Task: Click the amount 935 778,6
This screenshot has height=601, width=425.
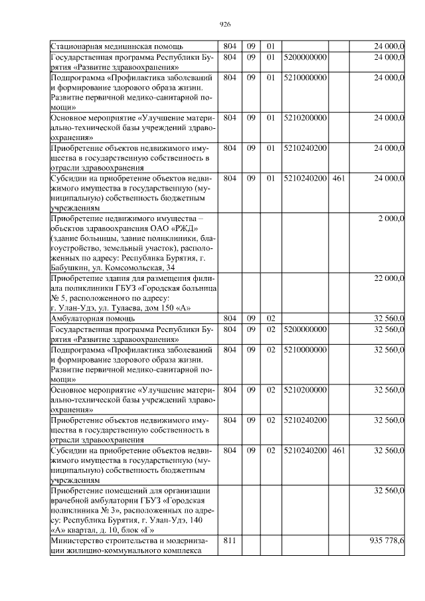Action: pyautogui.click(x=386, y=541)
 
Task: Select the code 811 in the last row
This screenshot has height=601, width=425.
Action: pyautogui.click(x=230, y=541)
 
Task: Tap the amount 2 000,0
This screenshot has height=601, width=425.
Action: pyautogui.click(x=390, y=218)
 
